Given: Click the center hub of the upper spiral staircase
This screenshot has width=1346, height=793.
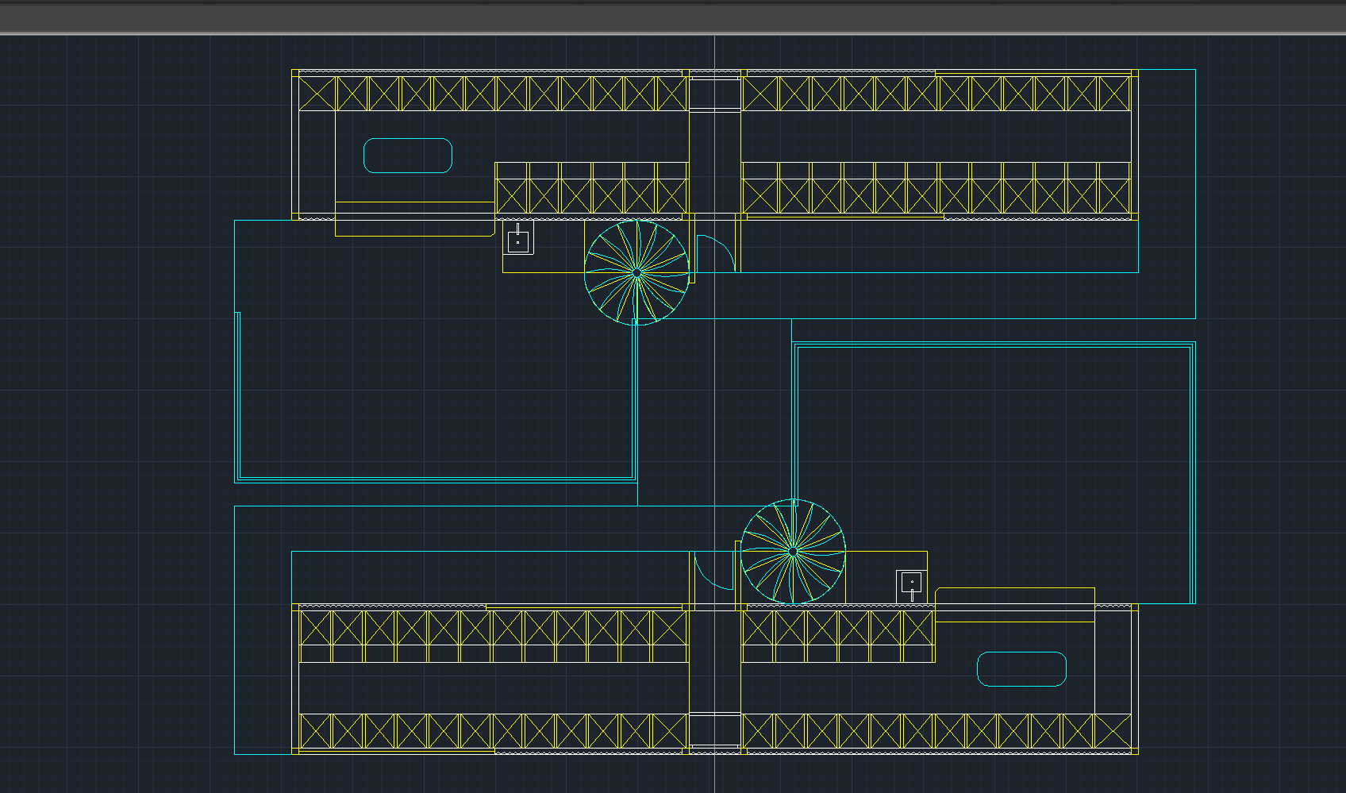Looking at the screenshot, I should [x=636, y=273].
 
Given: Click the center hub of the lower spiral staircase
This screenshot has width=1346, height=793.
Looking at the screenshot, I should [x=793, y=551].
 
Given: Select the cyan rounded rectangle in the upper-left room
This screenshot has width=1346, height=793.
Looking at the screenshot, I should [x=407, y=156].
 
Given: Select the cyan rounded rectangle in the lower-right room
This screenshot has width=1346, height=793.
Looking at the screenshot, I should [x=1021, y=669].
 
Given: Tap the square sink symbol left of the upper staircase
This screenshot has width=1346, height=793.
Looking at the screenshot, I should [x=517, y=240].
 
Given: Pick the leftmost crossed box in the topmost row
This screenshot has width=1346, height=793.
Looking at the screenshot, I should [x=317, y=94].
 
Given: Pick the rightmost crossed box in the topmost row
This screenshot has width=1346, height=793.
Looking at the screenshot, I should [x=1114, y=94].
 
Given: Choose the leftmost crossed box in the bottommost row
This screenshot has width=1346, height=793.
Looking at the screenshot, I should [x=315, y=731].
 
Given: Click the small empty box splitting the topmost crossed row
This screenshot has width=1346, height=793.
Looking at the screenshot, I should [x=714, y=94].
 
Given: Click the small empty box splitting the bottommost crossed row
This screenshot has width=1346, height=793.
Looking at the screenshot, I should [x=714, y=731].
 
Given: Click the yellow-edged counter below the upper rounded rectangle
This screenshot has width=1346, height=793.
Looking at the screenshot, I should [x=414, y=219].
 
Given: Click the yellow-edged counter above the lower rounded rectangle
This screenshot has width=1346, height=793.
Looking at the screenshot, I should [x=1015, y=604].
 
